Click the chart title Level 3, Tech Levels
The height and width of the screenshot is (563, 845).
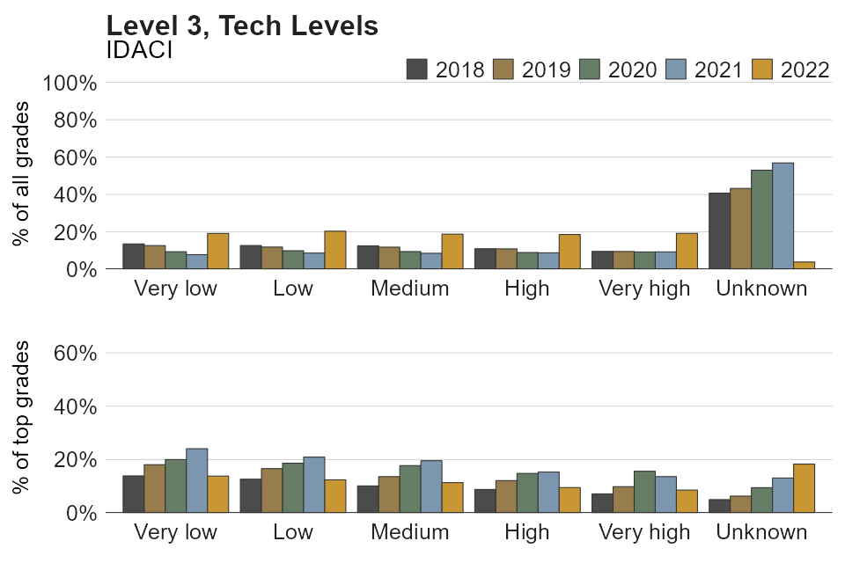pos(241,26)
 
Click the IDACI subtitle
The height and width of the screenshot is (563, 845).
pos(138,50)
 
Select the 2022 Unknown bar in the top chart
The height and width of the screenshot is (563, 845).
pos(804,265)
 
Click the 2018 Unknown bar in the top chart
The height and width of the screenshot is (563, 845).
pos(719,231)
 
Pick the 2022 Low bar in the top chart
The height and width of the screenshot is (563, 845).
pos(335,250)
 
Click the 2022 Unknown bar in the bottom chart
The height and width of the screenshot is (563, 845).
pos(804,488)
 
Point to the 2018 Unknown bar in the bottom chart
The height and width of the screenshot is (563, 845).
pos(719,506)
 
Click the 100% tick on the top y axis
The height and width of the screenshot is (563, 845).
pos(70,84)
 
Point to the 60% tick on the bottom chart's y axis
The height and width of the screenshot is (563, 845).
pos(75,354)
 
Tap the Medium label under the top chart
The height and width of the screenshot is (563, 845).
pos(410,289)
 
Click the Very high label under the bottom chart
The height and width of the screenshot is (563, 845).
pos(644,532)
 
